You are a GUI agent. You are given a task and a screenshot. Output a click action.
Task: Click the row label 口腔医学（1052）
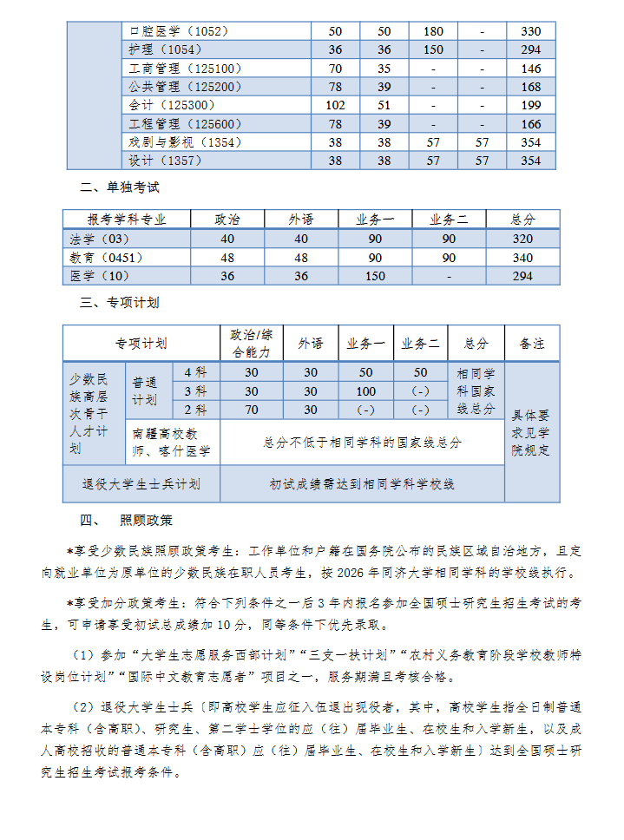click(x=179, y=31)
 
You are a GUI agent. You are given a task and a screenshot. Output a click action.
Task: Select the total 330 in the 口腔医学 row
click(x=530, y=31)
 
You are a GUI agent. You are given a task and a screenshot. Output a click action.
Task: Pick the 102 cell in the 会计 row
click(x=335, y=105)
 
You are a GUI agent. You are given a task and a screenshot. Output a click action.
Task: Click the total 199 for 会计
click(x=530, y=105)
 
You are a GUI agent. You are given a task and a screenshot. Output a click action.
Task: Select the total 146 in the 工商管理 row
click(x=530, y=69)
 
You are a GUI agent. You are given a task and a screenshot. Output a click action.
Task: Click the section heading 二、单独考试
click(x=120, y=187)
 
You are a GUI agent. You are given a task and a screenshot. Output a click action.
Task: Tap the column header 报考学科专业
click(x=127, y=220)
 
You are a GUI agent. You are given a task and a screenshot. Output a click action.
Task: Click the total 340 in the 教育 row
click(x=522, y=258)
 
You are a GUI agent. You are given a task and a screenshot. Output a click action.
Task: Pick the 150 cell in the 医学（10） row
click(x=375, y=276)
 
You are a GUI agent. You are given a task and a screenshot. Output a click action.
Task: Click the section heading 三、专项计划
click(x=120, y=303)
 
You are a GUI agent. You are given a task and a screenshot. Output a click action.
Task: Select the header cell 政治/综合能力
click(x=251, y=344)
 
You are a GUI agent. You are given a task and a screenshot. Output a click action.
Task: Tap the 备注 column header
click(x=531, y=344)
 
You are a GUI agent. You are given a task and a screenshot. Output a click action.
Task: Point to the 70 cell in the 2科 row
click(x=251, y=410)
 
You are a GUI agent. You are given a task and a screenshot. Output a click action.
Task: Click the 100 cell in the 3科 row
click(x=365, y=390)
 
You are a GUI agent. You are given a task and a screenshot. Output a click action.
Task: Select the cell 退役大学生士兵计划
click(x=141, y=484)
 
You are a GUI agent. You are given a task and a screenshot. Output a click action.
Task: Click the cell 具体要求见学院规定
click(x=531, y=431)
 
